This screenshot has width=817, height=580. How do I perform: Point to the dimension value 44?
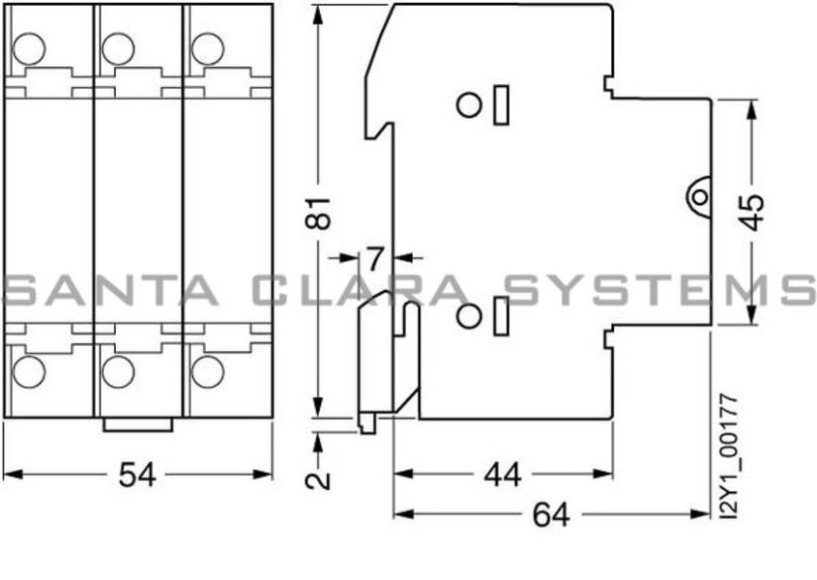point(501,474)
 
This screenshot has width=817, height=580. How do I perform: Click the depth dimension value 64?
point(551,515)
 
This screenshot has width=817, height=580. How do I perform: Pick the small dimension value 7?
point(375,258)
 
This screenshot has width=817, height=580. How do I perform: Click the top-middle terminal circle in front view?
point(117,46)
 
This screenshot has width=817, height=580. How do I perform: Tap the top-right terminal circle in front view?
point(204,46)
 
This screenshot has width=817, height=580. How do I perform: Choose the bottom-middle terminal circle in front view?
point(117,370)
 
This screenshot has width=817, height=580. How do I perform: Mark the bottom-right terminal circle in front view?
point(204,370)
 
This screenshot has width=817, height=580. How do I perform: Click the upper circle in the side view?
point(469,104)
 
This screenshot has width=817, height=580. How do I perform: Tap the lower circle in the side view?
point(469,315)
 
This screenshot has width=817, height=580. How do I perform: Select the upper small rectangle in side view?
point(501,104)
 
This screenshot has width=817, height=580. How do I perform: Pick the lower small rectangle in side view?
point(501,316)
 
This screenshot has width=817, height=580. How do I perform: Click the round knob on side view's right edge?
point(698,197)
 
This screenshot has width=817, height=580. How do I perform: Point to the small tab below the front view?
point(139,424)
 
